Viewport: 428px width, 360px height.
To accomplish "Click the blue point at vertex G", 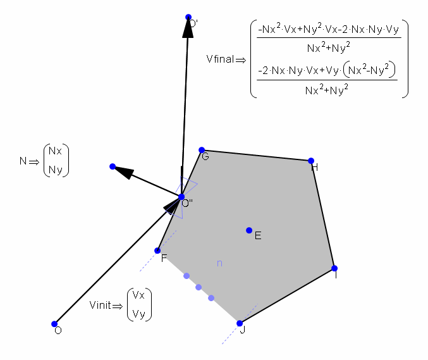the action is click(x=202, y=150).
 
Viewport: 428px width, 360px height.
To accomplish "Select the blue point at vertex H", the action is click(x=311, y=161).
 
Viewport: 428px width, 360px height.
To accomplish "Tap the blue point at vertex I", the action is click(x=334, y=268).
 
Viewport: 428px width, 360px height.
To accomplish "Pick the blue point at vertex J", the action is click(x=240, y=323).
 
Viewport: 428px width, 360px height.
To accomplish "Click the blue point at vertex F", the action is click(x=157, y=251).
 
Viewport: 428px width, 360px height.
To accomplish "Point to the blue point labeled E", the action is click(x=249, y=230).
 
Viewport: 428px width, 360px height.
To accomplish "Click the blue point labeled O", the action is click(x=54, y=324).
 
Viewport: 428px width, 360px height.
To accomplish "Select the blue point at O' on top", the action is click(x=188, y=17).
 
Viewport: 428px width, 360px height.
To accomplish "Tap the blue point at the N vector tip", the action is click(x=113, y=166).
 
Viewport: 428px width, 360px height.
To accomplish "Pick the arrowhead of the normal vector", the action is click(x=125, y=171).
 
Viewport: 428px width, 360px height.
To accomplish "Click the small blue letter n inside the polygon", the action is click(x=219, y=263).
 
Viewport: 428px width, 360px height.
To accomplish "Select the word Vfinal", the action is click(x=220, y=59).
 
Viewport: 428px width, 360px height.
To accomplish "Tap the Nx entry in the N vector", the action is click(x=56, y=152).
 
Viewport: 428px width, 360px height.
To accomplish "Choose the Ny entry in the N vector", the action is click(x=56, y=169).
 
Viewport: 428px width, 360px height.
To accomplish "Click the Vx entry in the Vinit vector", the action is click(x=139, y=296).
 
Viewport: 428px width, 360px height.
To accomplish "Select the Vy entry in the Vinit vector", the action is click(x=139, y=313).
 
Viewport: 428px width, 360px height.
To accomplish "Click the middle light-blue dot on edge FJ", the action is click(x=199, y=287).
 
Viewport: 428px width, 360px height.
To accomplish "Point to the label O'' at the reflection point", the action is click(x=187, y=204).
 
